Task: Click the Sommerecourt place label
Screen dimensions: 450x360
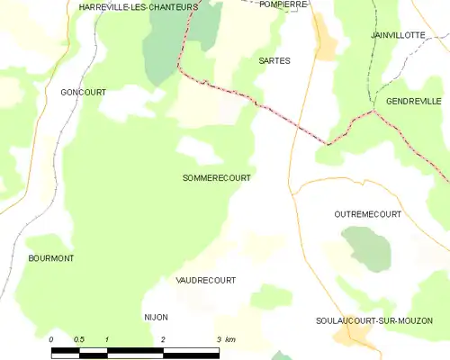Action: [216, 178]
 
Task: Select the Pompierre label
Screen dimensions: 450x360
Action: [283, 4]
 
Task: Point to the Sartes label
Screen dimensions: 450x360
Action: [274, 59]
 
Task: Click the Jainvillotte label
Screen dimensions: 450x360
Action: [398, 34]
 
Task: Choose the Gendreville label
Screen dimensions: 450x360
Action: [413, 101]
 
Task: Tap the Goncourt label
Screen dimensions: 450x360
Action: [83, 92]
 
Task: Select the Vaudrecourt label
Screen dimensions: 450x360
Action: [205, 280]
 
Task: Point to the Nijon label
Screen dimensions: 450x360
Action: [156, 318]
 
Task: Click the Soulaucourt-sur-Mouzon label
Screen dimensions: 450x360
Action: [374, 320]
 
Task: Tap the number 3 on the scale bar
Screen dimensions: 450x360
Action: [218, 339]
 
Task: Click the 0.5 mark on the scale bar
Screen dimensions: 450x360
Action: [79, 339]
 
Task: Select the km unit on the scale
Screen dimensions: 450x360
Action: [230, 339]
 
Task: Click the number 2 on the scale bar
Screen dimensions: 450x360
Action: [163, 339]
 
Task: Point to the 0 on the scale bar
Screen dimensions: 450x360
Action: [51, 339]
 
